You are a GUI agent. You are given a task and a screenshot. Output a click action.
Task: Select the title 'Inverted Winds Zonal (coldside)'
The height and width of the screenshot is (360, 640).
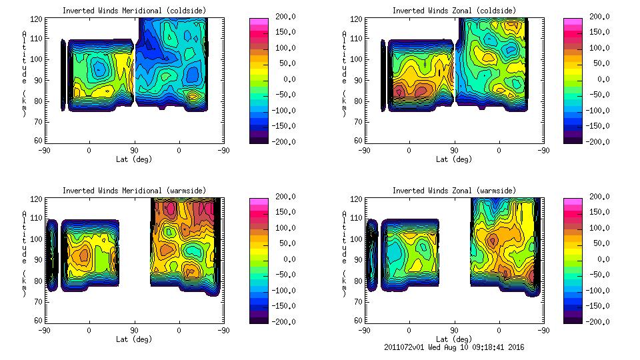(x=454, y=11)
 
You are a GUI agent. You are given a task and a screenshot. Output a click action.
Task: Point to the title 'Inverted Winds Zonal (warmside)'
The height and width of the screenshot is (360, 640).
(x=454, y=191)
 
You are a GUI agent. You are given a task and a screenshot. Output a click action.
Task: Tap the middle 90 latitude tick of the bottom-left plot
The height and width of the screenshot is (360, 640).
(x=134, y=330)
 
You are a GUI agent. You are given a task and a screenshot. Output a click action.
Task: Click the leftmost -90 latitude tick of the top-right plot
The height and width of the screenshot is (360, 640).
(x=364, y=150)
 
